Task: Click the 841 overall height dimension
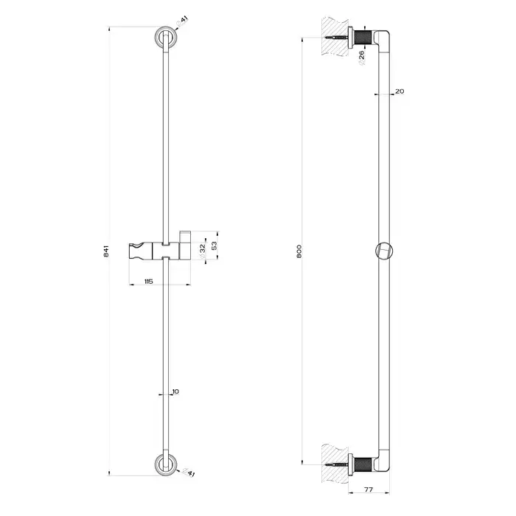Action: coord(106,251)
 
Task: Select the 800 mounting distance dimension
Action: coord(299,251)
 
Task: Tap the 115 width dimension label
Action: coord(148,282)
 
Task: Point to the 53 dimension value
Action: coord(215,245)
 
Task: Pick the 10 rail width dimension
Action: coord(175,391)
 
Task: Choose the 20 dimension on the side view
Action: coord(400,91)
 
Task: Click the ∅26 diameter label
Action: coord(361,57)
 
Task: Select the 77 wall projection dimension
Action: coord(369,489)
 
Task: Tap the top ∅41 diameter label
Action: coord(182,20)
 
